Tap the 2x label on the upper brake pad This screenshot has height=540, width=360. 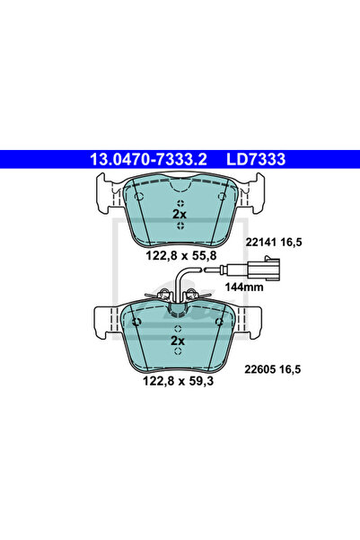click(180, 215)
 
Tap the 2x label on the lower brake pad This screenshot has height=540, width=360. click(179, 342)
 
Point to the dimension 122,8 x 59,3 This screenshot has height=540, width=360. click(179, 381)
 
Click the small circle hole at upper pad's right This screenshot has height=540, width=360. click(222, 195)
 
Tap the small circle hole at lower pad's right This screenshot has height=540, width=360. click(222, 322)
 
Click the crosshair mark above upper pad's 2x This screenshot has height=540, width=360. click(180, 201)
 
